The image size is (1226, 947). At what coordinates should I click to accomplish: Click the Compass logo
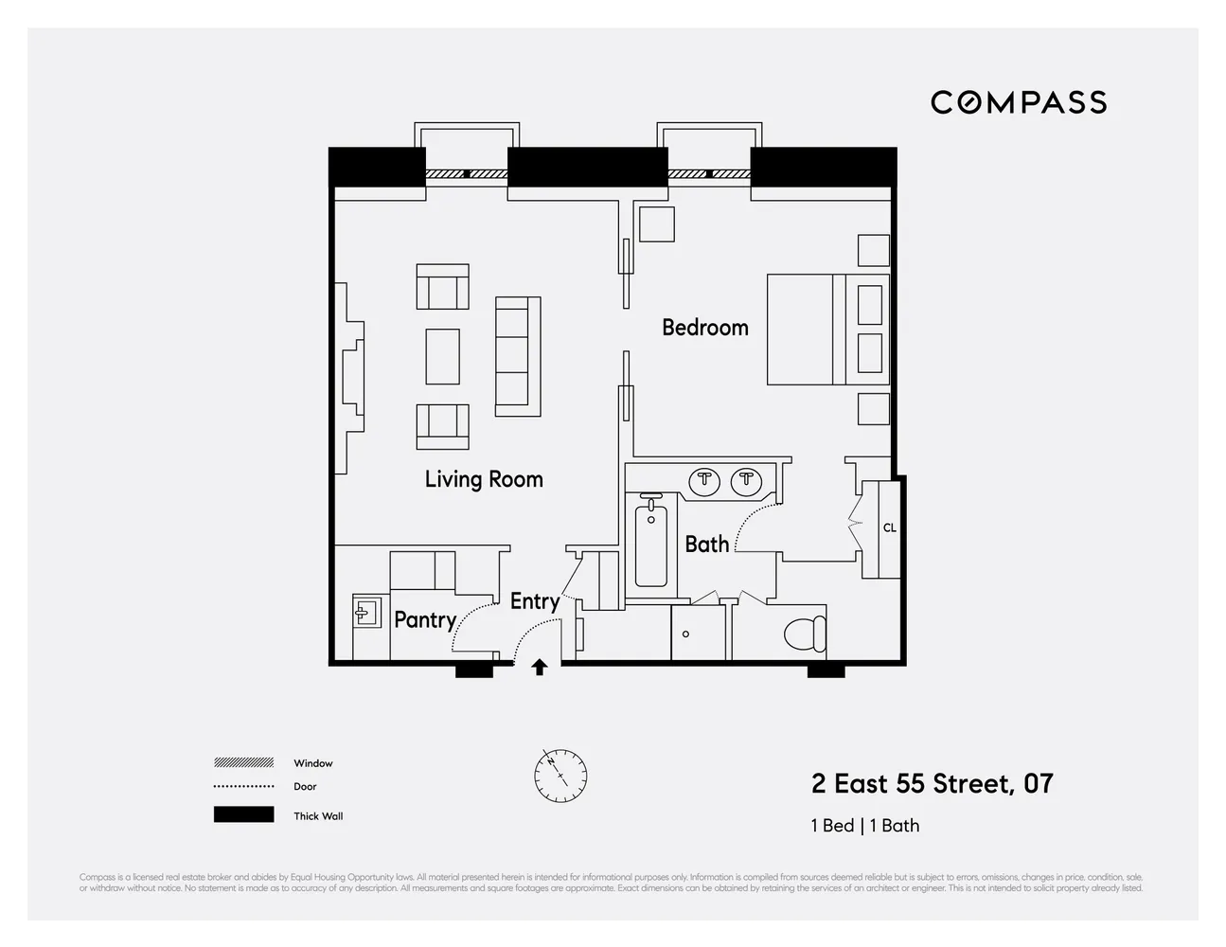(x=1019, y=102)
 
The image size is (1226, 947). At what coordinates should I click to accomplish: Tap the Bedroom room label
(x=704, y=328)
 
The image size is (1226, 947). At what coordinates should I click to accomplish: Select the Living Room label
(x=484, y=479)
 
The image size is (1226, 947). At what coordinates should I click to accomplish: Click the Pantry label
(x=424, y=619)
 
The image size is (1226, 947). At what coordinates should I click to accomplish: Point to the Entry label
(x=534, y=601)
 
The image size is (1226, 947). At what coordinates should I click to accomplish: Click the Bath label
(x=706, y=545)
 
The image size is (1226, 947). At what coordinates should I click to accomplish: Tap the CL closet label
(x=889, y=527)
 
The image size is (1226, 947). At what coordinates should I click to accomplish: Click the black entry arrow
(x=540, y=668)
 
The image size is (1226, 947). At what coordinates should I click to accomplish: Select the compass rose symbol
(x=560, y=775)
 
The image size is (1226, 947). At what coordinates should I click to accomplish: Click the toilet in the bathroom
(x=806, y=633)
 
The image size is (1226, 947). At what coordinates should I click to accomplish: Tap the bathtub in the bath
(x=650, y=545)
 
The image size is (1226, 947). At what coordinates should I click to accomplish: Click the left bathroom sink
(x=704, y=481)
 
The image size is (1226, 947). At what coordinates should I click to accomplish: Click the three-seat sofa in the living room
(x=518, y=356)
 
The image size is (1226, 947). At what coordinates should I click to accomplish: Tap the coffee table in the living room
(x=442, y=356)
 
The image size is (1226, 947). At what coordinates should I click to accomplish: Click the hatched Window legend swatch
(x=243, y=762)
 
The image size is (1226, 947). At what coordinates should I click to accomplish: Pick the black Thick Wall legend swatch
(x=243, y=814)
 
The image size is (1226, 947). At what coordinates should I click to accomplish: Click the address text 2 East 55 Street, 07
(x=932, y=784)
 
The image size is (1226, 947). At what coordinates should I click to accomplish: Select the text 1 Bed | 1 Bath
(x=864, y=826)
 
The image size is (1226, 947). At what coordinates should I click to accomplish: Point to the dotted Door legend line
(x=243, y=787)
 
